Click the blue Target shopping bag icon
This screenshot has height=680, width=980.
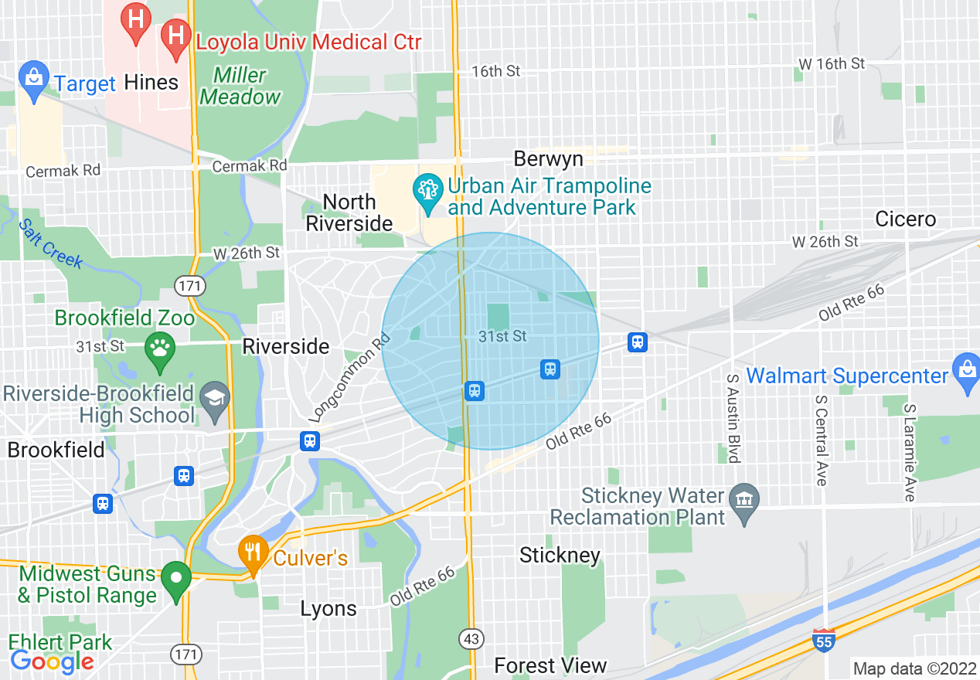(x=33, y=79)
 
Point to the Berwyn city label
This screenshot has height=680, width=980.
(x=548, y=159)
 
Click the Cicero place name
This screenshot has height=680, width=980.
(x=905, y=219)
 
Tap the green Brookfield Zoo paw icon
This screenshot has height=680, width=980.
(x=160, y=349)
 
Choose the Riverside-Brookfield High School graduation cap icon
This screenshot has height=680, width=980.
(x=214, y=399)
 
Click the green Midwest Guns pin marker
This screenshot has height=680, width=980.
(x=176, y=579)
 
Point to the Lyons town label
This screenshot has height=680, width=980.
(x=328, y=609)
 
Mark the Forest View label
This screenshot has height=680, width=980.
(x=550, y=665)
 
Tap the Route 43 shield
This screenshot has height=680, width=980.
(x=470, y=639)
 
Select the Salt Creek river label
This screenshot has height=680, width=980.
(x=51, y=243)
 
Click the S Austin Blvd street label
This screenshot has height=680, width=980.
(x=733, y=417)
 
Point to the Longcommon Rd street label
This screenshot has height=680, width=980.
(x=350, y=382)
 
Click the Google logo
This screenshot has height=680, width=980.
(x=52, y=661)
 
